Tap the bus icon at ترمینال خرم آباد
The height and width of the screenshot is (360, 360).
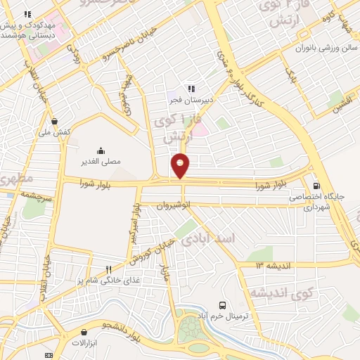(x=222, y=305)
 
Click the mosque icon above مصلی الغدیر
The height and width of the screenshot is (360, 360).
(x=101, y=150)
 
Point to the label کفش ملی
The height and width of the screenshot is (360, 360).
(x=58, y=132)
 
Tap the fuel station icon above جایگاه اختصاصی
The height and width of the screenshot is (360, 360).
(x=316, y=186)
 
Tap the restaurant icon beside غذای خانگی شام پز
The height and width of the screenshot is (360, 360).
(x=108, y=269)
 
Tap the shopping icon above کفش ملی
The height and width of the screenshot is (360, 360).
(x=54, y=120)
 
